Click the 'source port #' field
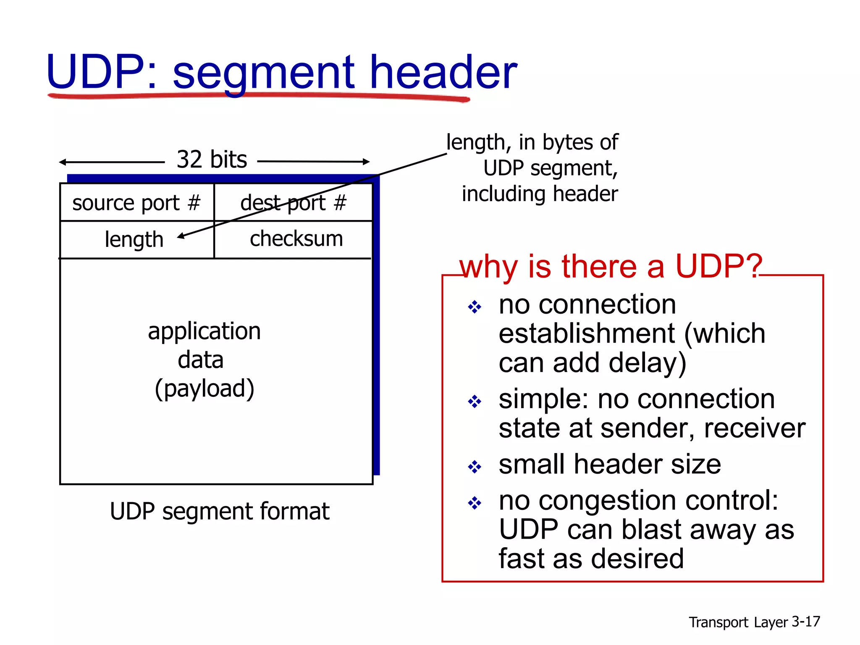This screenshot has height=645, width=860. (x=136, y=203)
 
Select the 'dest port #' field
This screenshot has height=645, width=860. (x=293, y=203)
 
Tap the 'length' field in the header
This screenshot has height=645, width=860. (x=134, y=240)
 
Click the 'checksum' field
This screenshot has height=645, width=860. (x=296, y=239)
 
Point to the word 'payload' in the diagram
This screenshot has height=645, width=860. (x=205, y=388)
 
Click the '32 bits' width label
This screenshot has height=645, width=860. (x=212, y=160)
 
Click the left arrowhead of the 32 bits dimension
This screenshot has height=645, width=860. (x=62, y=162)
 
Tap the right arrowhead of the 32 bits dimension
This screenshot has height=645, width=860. (x=366, y=161)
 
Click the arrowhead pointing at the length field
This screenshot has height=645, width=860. (x=181, y=236)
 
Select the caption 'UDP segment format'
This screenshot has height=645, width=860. (x=219, y=511)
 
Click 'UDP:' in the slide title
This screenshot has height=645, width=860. (x=101, y=72)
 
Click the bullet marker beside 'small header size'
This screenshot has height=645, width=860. (x=475, y=467)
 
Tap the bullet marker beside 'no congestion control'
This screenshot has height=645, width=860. (x=475, y=503)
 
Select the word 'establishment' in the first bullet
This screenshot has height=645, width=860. (x=587, y=333)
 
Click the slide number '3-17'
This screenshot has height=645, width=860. (x=805, y=621)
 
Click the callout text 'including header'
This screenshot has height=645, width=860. (x=540, y=194)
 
